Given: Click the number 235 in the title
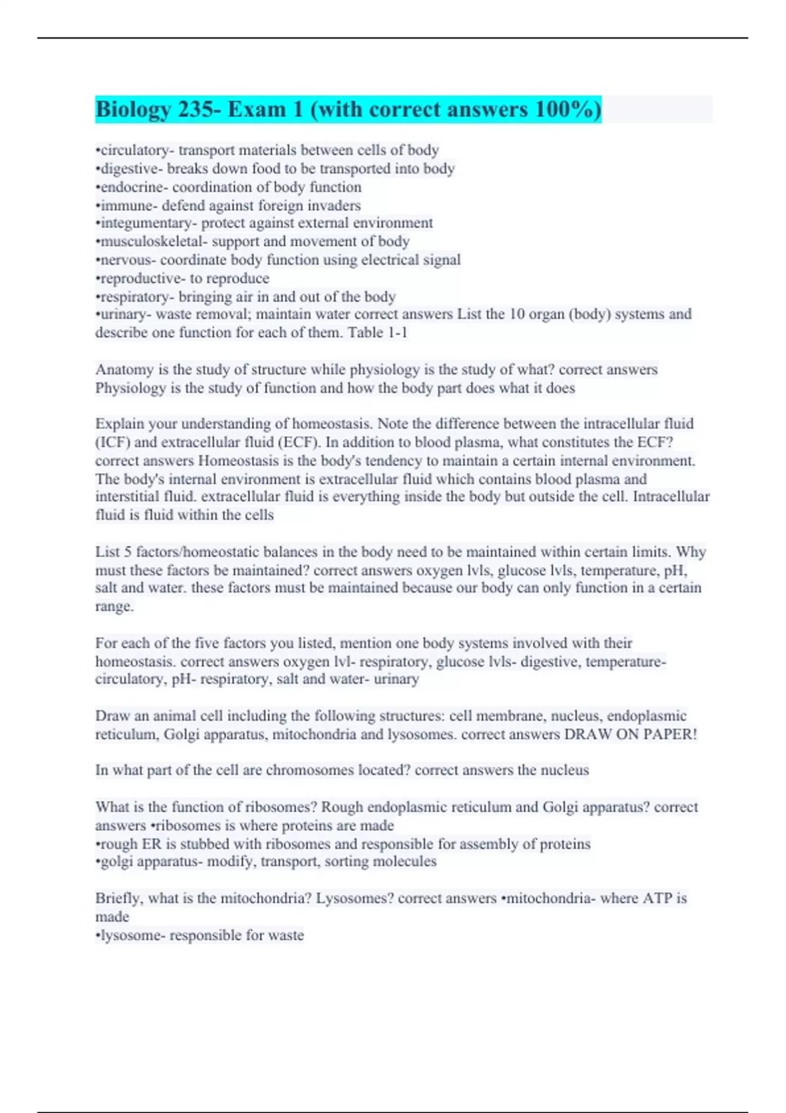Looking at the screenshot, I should tap(196, 109).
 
